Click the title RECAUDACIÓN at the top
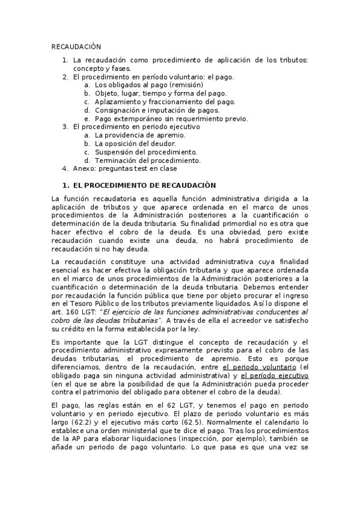pos(76,46)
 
